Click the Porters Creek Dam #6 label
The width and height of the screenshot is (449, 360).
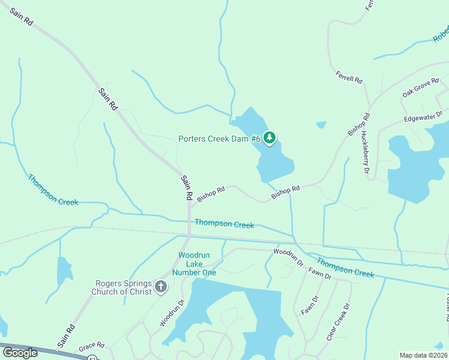220,139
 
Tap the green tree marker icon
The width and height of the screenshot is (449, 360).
270,138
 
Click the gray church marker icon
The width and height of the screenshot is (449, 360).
160,287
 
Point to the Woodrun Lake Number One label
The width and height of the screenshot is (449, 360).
193,263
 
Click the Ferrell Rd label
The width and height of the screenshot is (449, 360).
349,77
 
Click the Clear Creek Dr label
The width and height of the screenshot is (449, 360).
338,322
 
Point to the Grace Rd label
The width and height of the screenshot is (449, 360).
92,346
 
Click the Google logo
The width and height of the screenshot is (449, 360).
20,352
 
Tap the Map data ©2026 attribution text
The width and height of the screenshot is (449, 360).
424,355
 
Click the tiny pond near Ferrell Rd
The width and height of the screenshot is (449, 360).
321,125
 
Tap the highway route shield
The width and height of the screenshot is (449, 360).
92,358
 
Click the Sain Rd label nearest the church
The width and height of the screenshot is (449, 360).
66,337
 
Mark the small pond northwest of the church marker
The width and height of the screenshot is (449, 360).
64,271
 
